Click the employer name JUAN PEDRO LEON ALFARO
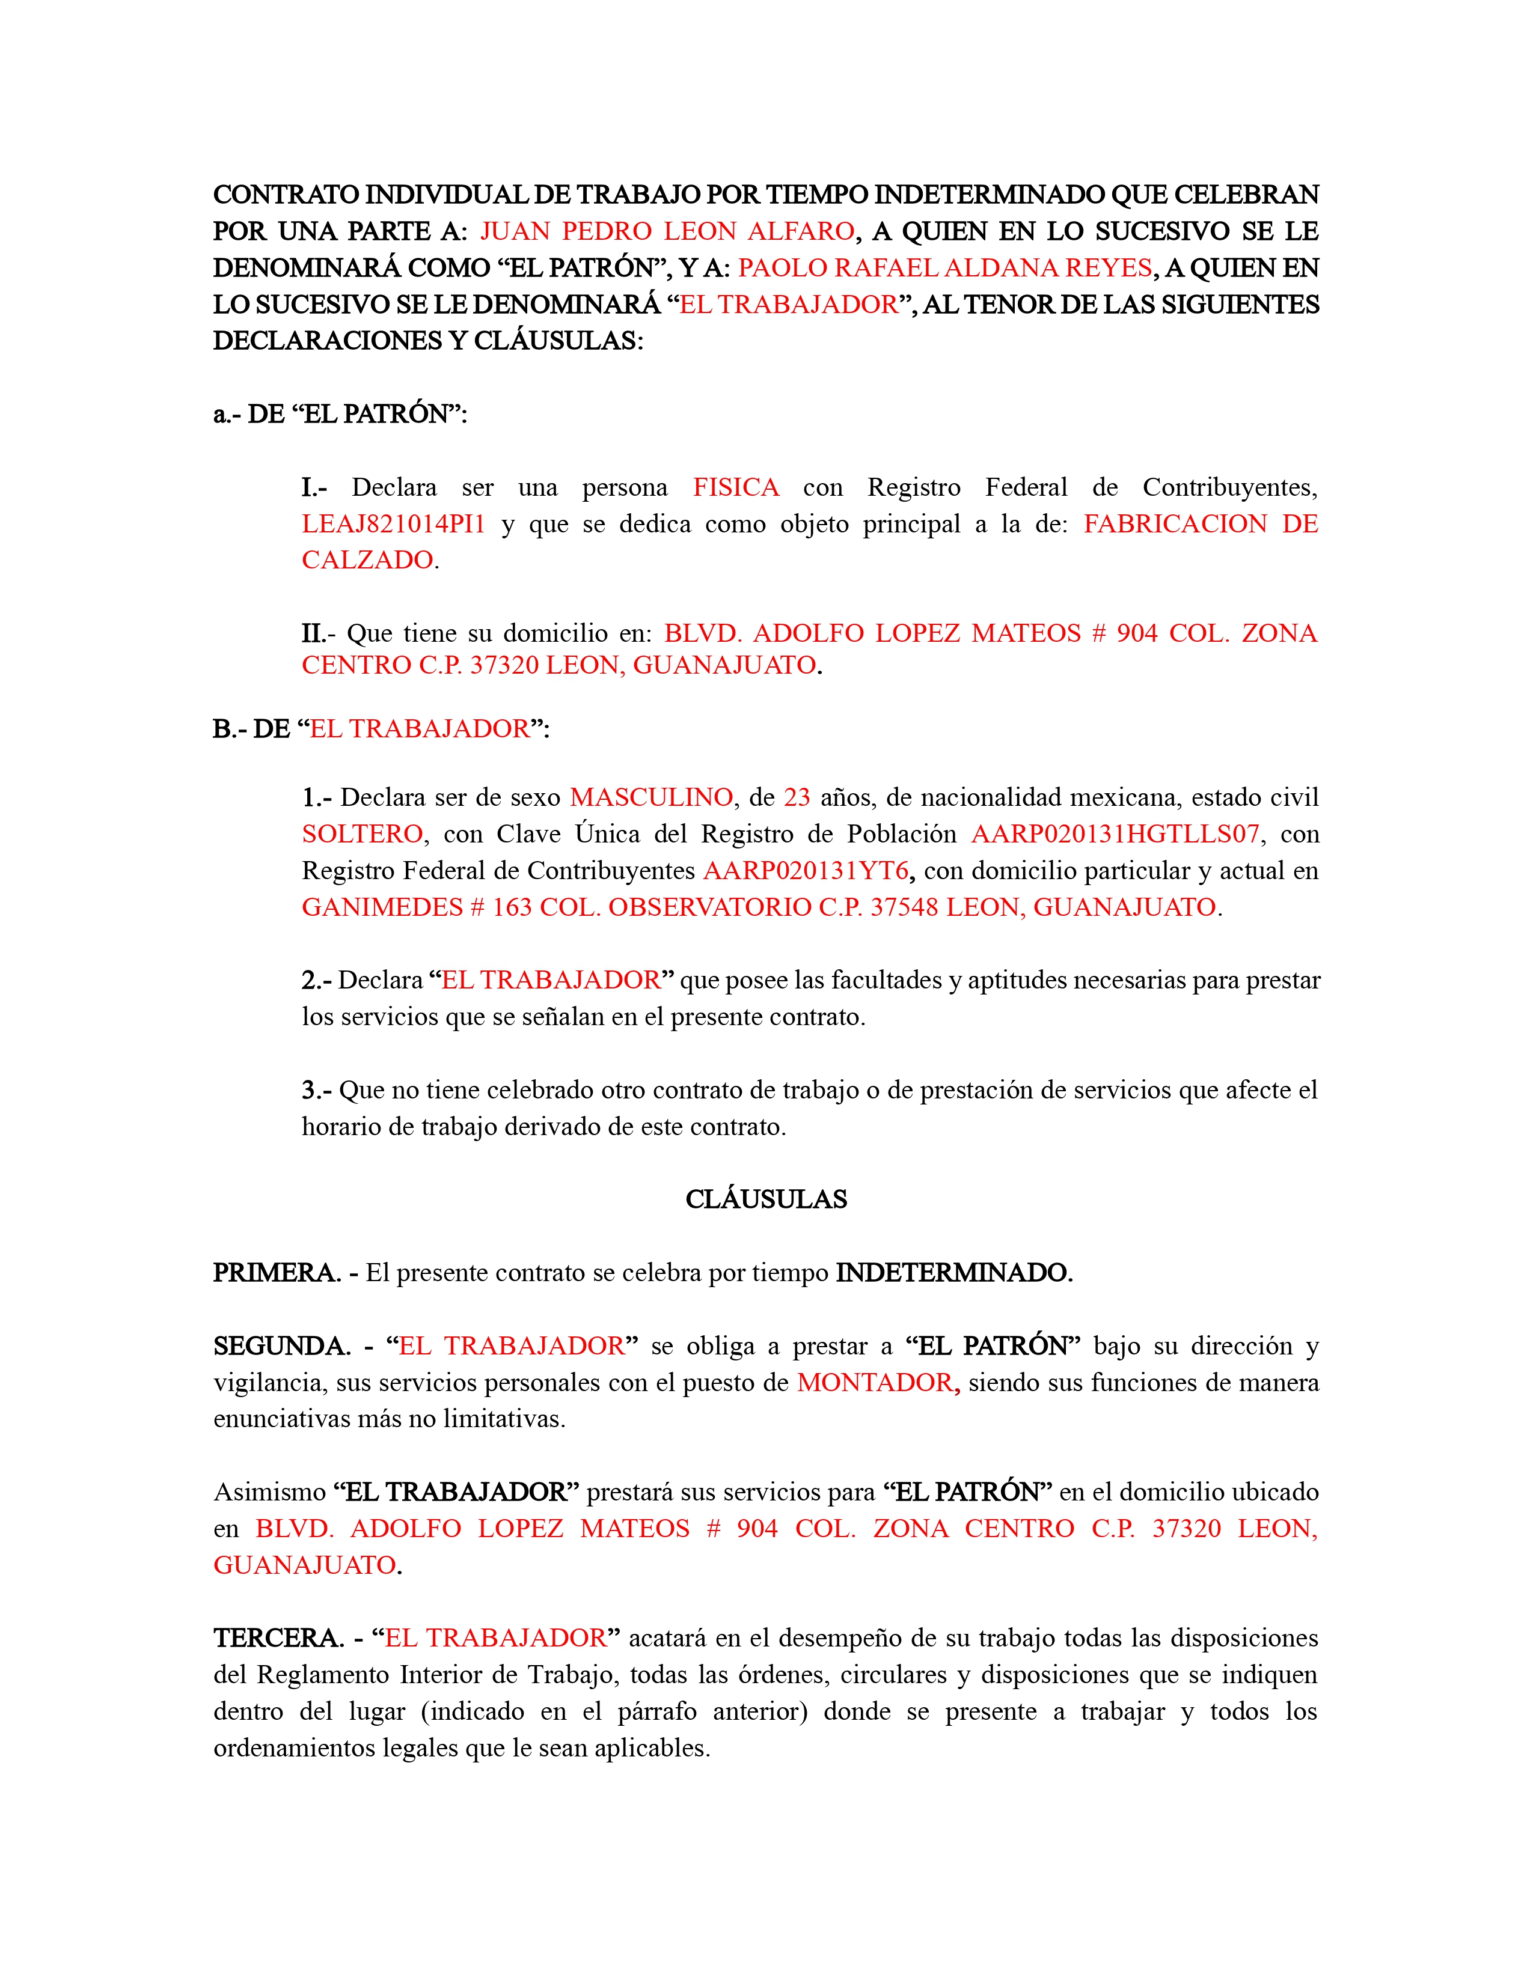click(x=667, y=231)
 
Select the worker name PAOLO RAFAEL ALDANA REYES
click(x=944, y=268)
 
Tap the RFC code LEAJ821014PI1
click(x=393, y=524)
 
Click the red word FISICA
click(x=736, y=487)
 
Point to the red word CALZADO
click(x=368, y=560)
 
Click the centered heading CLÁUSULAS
click(x=765, y=1199)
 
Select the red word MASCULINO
click(x=651, y=797)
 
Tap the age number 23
click(x=797, y=797)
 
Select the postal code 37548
click(x=904, y=907)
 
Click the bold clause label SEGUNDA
click(x=281, y=1345)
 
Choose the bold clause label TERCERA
click(x=278, y=1638)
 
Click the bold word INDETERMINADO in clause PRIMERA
click(x=953, y=1273)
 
